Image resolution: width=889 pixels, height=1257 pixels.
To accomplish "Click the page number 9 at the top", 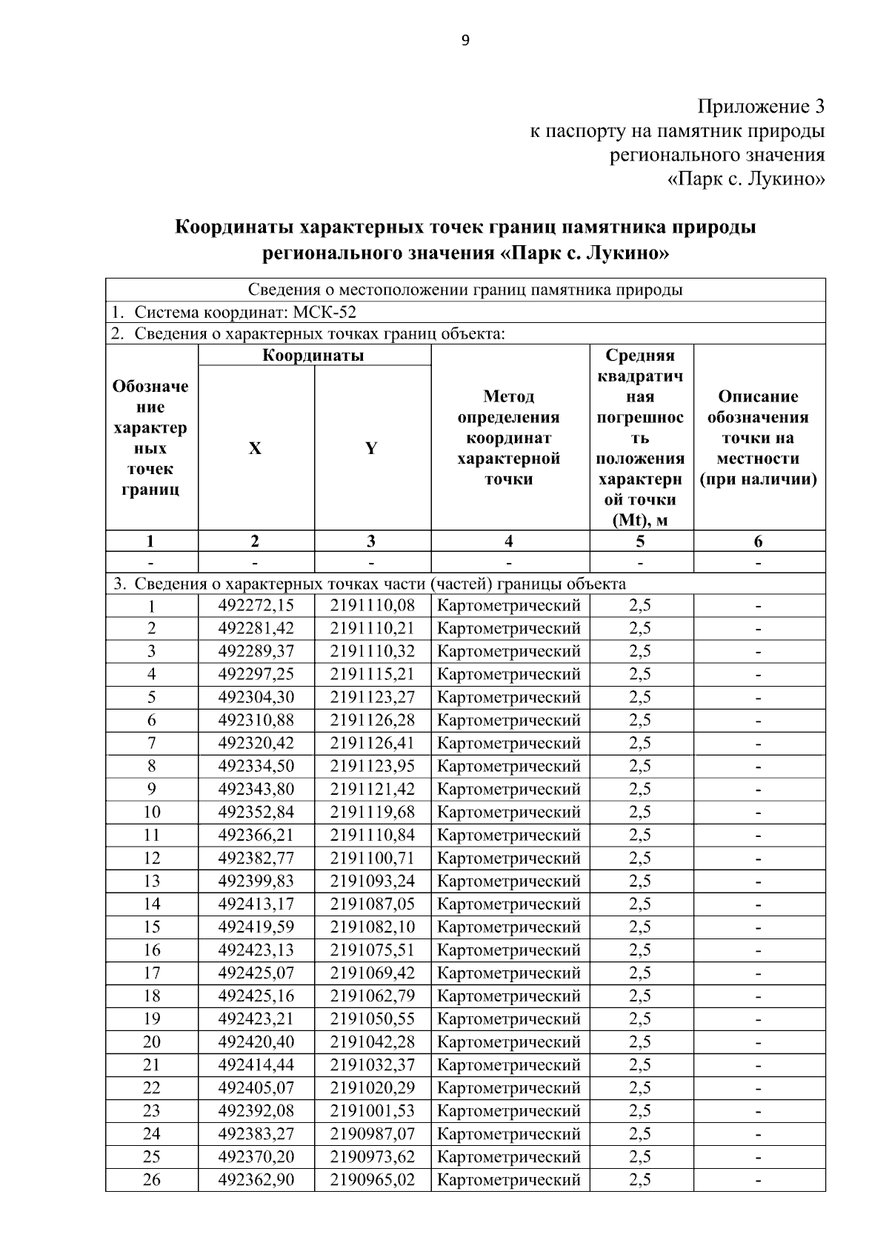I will [x=465, y=41].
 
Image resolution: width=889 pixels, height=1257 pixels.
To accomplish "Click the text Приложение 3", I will [x=761, y=107].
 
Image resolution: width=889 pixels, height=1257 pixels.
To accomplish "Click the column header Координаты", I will [x=314, y=356].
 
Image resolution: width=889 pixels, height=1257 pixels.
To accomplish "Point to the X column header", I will [x=255, y=448].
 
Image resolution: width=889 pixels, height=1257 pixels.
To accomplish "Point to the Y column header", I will [x=372, y=448].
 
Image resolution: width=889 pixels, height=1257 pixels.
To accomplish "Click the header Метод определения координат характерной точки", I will [x=510, y=438].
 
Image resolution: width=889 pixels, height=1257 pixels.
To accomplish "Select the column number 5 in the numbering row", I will [x=641, y=541].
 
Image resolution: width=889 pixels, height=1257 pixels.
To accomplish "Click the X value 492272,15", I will [x=256, y=606].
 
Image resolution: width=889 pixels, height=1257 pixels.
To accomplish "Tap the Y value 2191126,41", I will [x=373, y=743].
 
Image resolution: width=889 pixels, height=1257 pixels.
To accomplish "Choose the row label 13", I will [x=152, y=881].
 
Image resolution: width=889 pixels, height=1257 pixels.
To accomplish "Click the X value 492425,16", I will [x=256, y=996].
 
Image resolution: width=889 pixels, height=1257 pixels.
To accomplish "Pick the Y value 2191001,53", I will [x=373, y=1110].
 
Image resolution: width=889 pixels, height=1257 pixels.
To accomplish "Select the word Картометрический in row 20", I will [x=510, y=1041].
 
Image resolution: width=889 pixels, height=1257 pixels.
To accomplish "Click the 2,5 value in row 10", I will [x=641, y=812].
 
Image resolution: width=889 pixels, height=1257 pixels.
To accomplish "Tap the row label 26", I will [x=152, y=1179].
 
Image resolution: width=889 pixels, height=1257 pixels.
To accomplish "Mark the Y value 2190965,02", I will [x=373, y=1179].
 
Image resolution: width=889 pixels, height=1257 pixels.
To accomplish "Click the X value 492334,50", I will [x=256, y=766].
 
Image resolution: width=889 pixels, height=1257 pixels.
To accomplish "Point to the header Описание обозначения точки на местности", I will [x=759, y=438].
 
